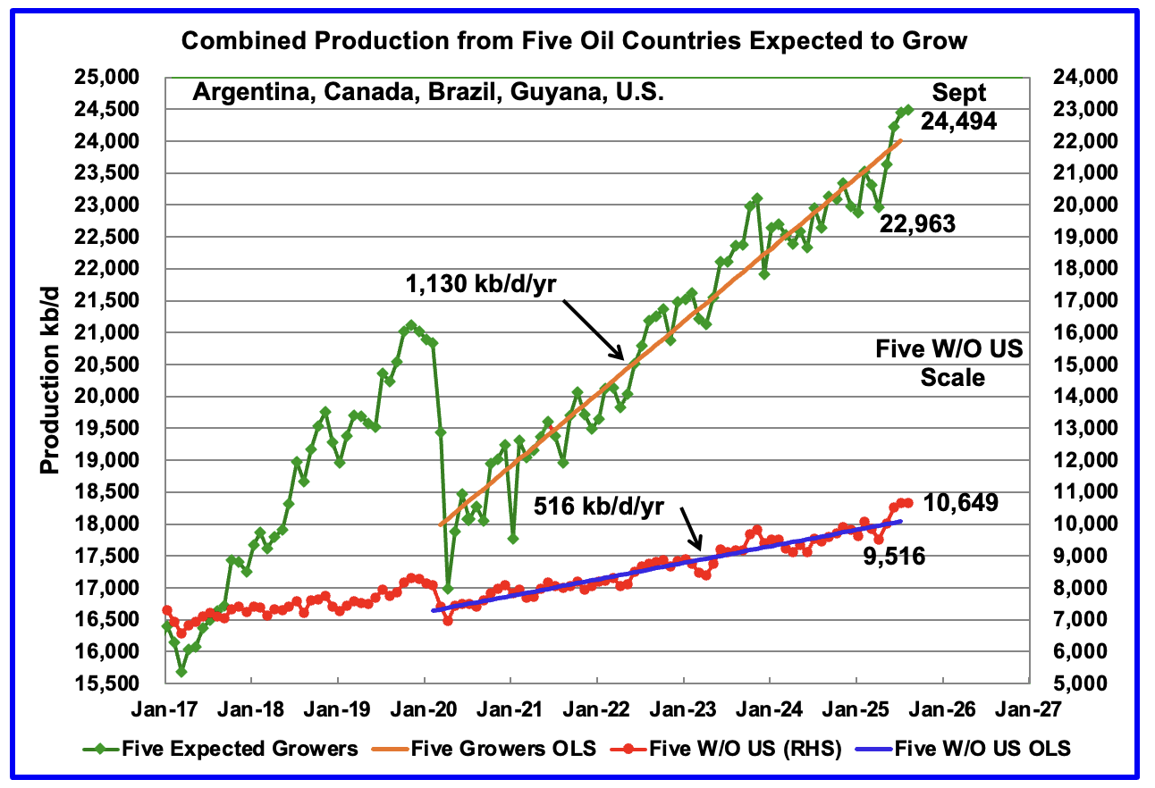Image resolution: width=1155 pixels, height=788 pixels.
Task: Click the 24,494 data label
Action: tap(959, 122)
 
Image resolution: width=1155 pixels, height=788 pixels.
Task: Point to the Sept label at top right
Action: tap(959, 92)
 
